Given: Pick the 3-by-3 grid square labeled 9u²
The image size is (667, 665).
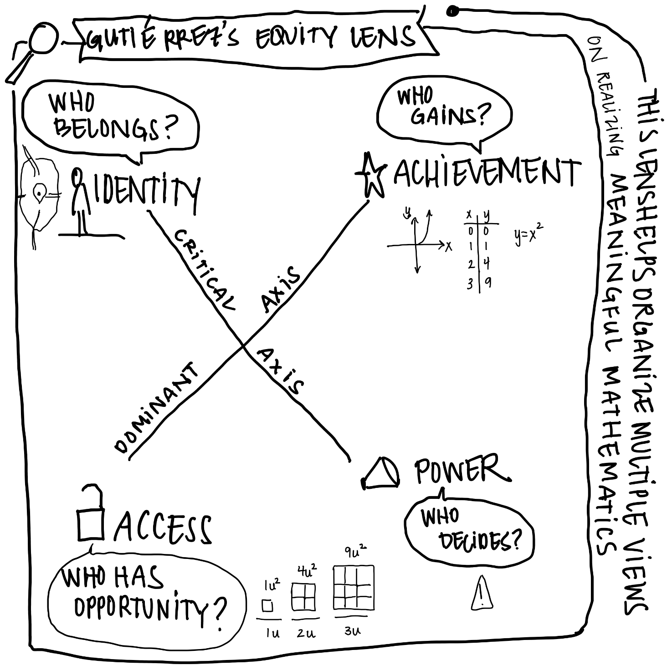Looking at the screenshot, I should (x=354, y=587).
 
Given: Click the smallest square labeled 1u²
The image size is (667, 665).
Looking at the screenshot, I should (x=267, y=606).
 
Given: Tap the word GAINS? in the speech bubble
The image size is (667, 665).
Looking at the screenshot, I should (x=449, y=115).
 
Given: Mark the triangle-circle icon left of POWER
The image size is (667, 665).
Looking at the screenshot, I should (x=382, y=474).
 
